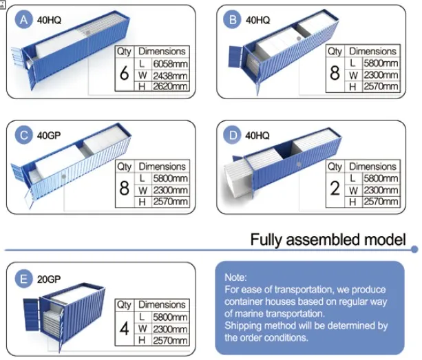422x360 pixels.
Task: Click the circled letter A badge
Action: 23,20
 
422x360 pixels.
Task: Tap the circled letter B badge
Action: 232,20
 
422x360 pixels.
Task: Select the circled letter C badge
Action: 23,135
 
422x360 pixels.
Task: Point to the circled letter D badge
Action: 232,135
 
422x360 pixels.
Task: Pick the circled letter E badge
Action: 23,279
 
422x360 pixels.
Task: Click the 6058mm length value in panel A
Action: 170,64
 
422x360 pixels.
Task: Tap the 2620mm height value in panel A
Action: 170,86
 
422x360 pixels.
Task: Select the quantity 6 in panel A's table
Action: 124,73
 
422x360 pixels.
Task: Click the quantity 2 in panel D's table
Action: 335,189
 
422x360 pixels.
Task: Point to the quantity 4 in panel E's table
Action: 124,328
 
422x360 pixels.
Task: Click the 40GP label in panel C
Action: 49,136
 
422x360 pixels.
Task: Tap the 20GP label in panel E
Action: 49,279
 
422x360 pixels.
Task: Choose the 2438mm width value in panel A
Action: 170,76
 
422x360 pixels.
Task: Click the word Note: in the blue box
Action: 235,277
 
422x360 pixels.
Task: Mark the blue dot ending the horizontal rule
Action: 414,250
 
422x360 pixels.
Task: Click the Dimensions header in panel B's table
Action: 372,51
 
